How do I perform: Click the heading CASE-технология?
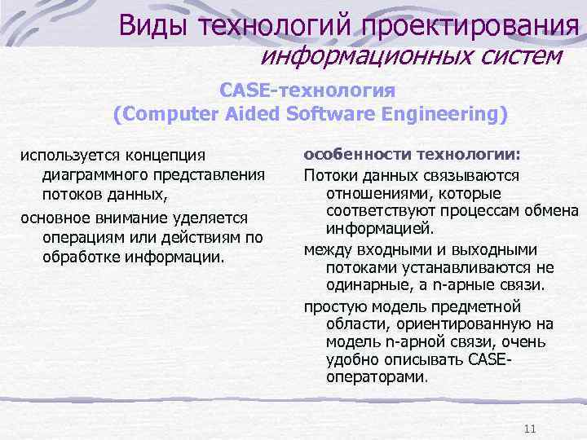coord(308,90)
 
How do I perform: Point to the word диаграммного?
coord(89,174)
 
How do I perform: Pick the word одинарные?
coord(365,286)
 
